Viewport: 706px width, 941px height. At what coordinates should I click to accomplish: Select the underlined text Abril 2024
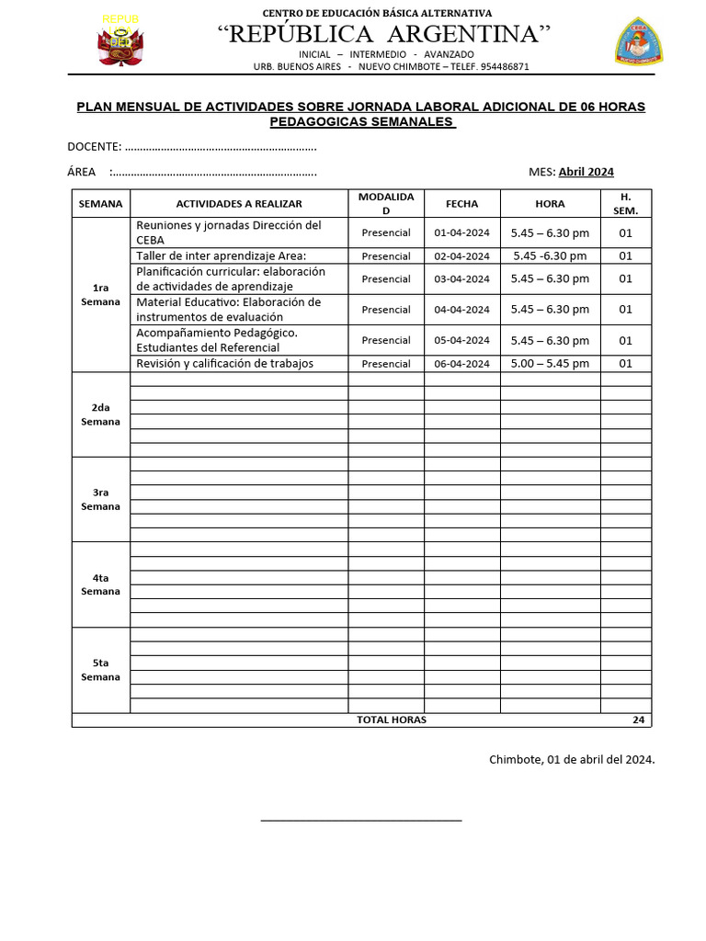(x=586, y=172)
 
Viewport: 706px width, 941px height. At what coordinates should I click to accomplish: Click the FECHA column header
(x=461, y=204)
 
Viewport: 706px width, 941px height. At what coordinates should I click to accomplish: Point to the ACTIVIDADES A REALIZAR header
(x=239, y=204)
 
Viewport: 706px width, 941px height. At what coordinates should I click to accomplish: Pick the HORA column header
(x=550, y=204)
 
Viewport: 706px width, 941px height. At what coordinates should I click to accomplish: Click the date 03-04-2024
(x=461, y=279)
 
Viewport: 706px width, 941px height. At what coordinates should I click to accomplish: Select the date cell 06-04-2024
(x=461, y=364)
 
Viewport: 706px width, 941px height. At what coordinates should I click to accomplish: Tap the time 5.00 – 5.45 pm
(x=550, y=364)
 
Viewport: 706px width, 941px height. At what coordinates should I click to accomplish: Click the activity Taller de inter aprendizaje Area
(x=222, y=255)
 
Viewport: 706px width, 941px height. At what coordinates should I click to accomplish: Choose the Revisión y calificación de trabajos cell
(x=225, y=364)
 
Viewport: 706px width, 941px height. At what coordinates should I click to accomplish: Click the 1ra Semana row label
(x=101, y=295)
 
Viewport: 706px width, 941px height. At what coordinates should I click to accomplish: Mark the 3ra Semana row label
(x=101, y=499)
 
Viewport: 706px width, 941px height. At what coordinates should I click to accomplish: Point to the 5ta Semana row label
(x=101, y=670)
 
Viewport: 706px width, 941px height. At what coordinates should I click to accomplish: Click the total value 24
(x=638, y=720)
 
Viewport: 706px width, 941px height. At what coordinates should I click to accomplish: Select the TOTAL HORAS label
(x=392, y=720)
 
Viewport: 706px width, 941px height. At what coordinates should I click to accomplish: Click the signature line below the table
(x=361, y=819)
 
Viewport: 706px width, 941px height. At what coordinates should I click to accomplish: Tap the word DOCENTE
(x=93, y=147)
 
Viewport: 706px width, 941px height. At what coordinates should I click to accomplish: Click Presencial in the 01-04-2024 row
(x=386, y=233)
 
